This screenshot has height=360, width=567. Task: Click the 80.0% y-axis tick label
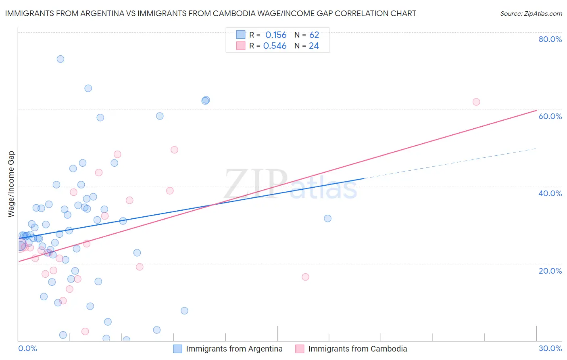550,39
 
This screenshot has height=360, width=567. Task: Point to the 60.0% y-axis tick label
550,116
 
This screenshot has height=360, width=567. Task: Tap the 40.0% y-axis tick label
550,193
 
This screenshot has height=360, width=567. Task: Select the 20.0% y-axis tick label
550,271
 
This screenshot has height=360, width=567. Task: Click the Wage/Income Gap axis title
11,184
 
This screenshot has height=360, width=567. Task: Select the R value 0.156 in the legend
276,35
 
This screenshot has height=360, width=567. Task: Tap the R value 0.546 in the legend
275,46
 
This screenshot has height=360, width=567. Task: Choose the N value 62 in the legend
314,35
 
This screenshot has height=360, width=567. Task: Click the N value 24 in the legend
314,46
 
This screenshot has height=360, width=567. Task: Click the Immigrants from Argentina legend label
234,349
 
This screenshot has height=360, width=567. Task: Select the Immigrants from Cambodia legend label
357,349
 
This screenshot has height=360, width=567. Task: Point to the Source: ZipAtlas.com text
531,14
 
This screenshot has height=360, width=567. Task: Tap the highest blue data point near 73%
60,59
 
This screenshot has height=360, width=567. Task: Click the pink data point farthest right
476,102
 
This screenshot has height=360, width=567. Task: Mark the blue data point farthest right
327,218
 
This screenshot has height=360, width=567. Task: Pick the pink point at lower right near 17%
305,277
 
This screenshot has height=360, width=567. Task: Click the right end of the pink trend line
536,110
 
